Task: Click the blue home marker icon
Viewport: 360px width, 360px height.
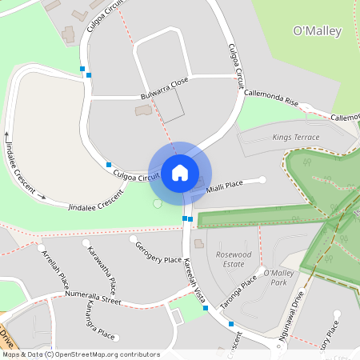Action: coord(180,172)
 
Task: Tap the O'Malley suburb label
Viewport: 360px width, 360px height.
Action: coord(318,31)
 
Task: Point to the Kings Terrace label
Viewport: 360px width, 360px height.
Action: coord(295,138)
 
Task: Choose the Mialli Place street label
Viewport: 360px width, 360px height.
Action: coord(224,186)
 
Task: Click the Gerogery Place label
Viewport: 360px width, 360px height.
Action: coord(159,253)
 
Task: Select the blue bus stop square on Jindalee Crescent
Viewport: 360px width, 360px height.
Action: coord(108,164)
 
